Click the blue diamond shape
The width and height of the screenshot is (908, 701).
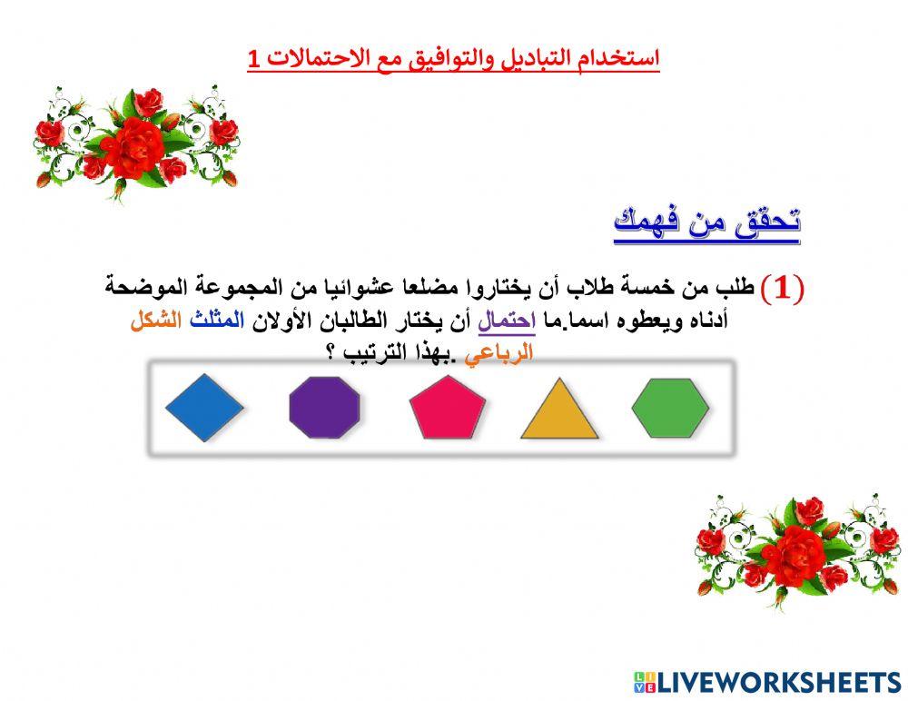click(204, 408)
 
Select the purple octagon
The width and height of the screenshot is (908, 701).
click(324, 408)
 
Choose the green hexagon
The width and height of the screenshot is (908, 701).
click(670, 408)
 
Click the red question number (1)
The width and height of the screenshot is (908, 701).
click(782, 289)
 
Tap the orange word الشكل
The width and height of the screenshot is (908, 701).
click(156, 321)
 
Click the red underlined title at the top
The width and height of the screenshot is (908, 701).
click(454, 59)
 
